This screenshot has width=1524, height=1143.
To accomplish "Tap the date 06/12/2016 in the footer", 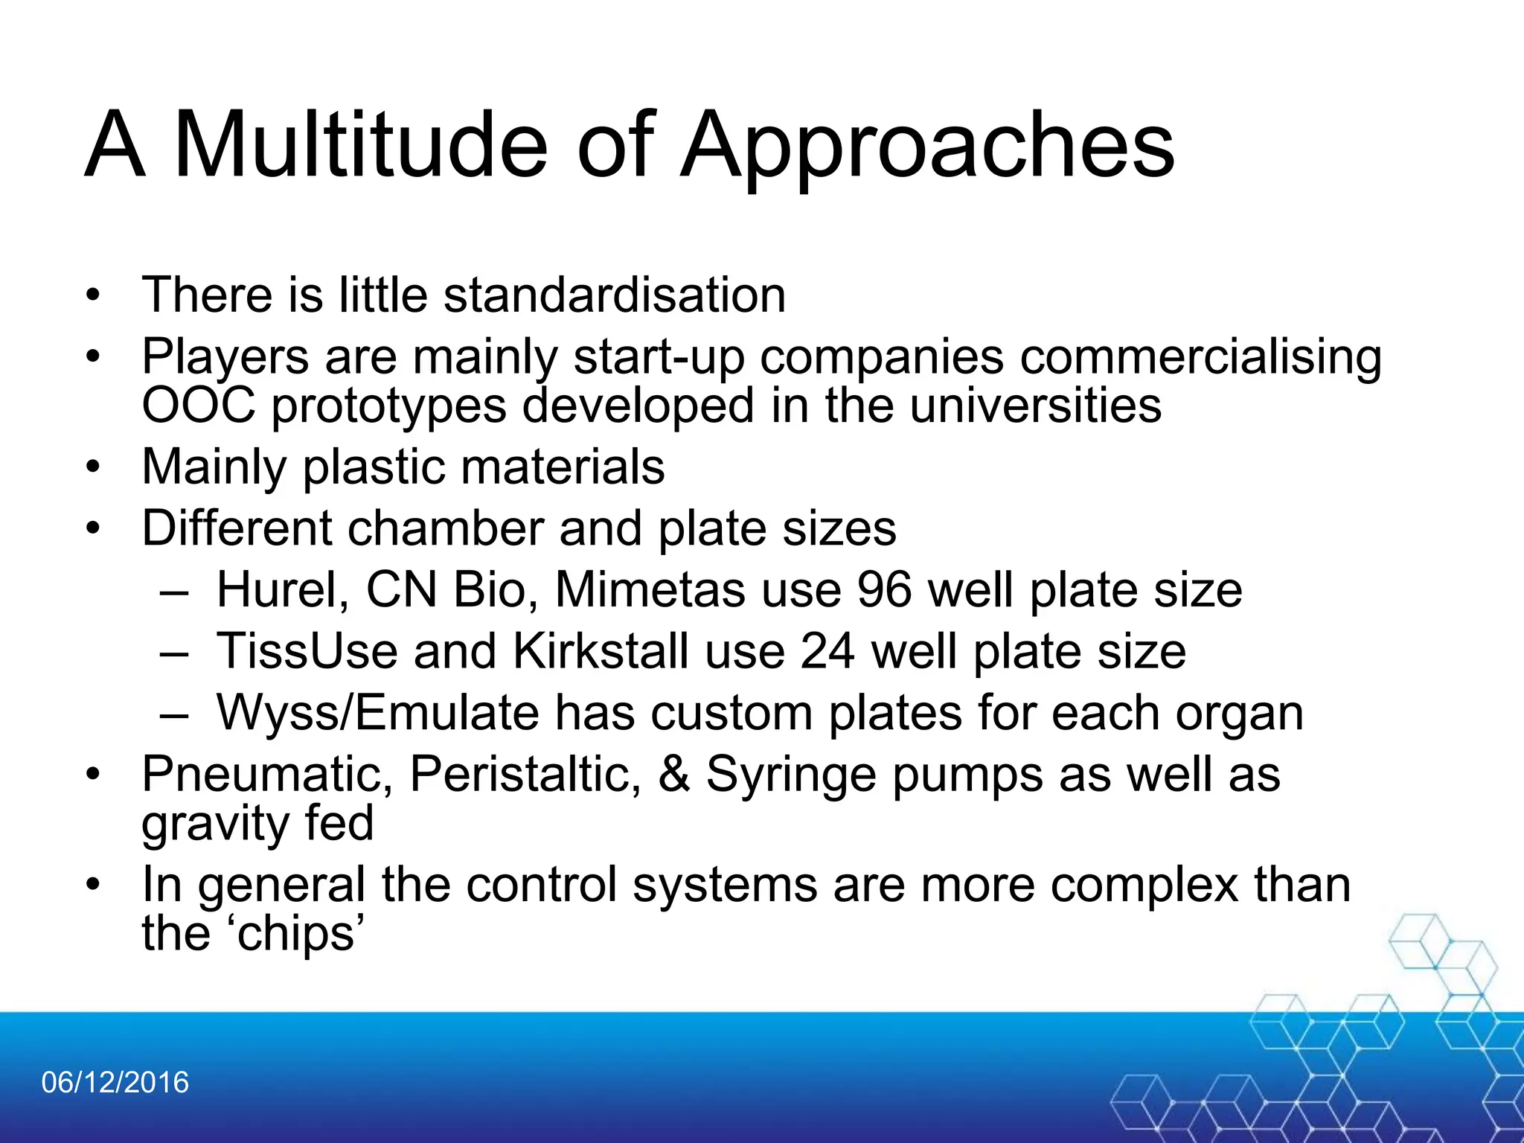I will (115, 1082).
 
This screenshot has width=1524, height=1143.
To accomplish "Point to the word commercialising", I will (1200, 357).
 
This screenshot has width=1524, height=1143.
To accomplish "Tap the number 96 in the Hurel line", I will (884, 590).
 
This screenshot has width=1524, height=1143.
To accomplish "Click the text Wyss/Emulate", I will (377, 713).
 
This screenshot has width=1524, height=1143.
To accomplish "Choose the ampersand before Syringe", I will (673, 774).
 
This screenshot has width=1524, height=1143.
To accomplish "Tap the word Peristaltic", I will (525, 774).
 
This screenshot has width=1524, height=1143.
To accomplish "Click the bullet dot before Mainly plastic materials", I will (92, 467).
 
